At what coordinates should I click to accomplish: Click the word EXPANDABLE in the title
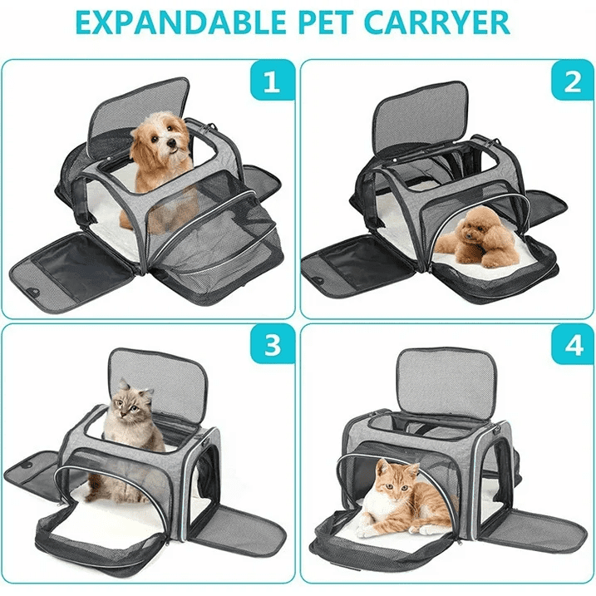181,22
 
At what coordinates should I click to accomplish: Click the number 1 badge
272,80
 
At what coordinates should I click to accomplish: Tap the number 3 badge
272,344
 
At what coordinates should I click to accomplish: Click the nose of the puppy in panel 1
172,143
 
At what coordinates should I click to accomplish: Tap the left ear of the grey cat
122,385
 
